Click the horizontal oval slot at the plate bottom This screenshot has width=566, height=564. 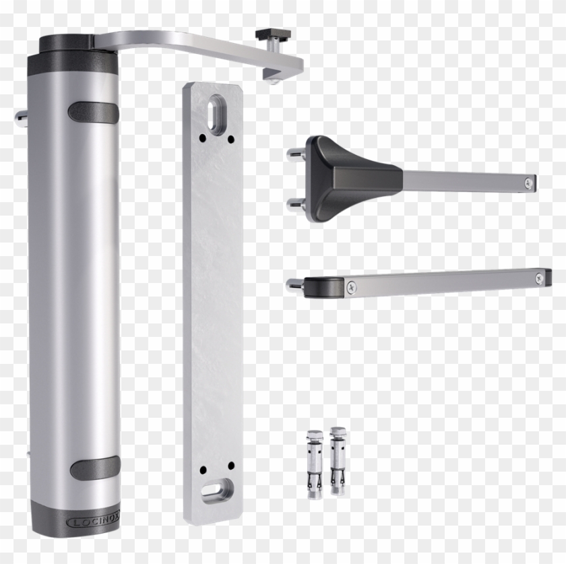click(216, 490)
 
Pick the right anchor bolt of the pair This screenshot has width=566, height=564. click(336, 460)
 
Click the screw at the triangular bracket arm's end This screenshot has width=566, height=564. click(530, 181)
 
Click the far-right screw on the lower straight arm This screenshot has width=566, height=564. click(539, 277)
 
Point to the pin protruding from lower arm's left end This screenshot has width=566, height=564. click(294, 285)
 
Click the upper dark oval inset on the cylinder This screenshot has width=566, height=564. click(93, 113)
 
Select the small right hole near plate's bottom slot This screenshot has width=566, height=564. click(230, 466)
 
